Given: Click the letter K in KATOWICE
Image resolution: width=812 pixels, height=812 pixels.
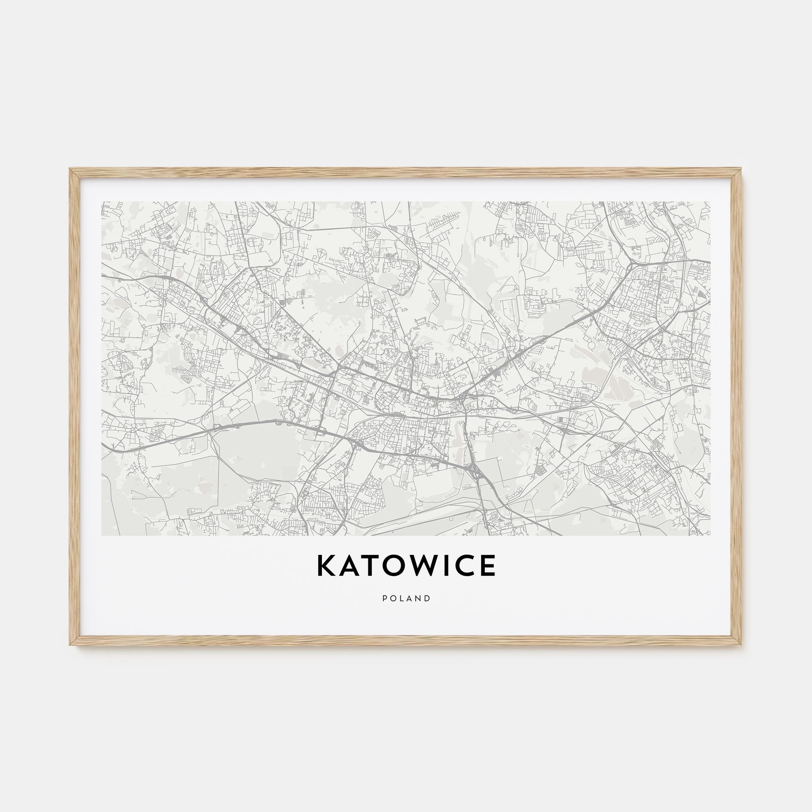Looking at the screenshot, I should [326, 566].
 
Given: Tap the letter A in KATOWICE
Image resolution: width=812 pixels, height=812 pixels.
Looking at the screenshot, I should [352, 566].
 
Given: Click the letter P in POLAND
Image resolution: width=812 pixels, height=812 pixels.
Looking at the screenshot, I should [384, 598].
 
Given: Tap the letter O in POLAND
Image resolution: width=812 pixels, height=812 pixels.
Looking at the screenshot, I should [393, 598].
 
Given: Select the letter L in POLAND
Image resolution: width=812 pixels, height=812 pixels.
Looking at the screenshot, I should [402, 598].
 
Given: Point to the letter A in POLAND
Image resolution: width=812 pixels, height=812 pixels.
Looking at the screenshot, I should [409, 598].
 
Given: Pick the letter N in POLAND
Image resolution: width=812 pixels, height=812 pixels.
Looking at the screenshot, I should [419, 598].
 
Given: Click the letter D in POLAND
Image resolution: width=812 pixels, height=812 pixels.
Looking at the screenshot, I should [428, 598].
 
